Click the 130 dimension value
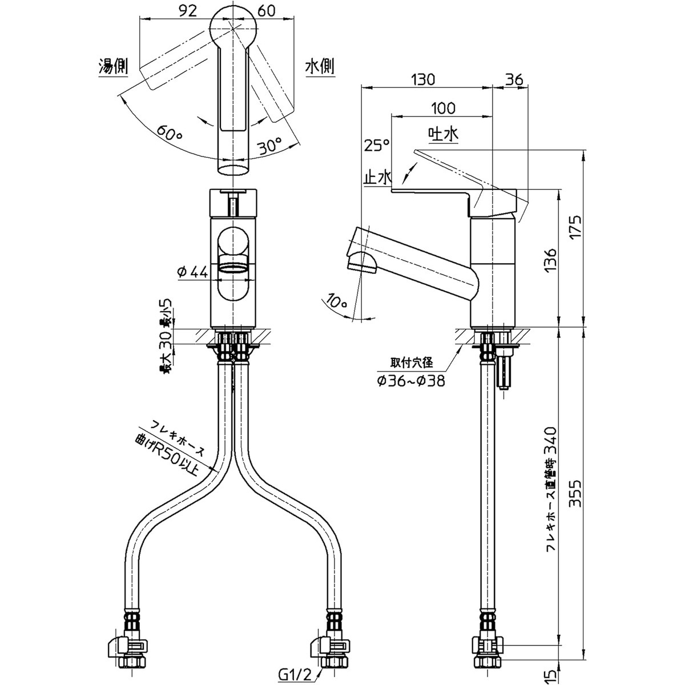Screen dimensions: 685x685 point(424,79)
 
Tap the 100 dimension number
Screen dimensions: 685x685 point(442,108)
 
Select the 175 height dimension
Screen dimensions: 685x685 point(576,227)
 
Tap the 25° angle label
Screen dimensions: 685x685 point(377,146)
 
